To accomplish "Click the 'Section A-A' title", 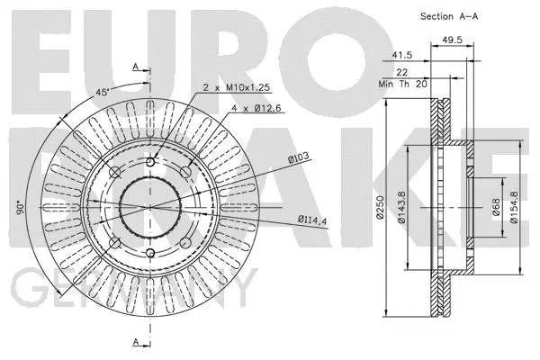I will pos(449,16).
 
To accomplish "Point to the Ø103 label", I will pos(299,159).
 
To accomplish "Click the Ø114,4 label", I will pos(312,219).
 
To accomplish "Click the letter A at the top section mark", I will pos(135,67).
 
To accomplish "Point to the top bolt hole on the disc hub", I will pos(150,162).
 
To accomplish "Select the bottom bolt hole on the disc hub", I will pos(150,253).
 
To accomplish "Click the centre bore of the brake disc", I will pos(150,207).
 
